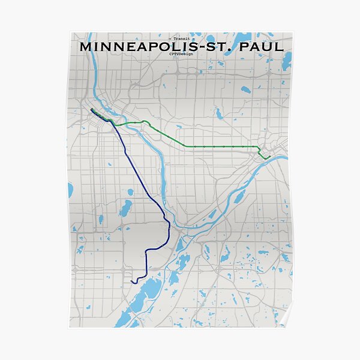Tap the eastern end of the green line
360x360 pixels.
pos(270,156)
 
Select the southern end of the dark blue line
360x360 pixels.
pos(132,280)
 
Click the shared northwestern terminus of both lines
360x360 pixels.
pos(91,110)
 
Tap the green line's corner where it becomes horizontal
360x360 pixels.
pos(193,146)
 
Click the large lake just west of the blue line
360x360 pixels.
pos(125,209)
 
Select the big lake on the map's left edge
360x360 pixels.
pos(71,191)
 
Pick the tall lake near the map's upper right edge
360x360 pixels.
pos(287,60)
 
